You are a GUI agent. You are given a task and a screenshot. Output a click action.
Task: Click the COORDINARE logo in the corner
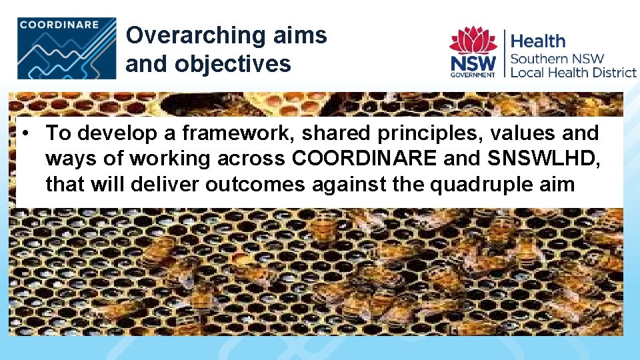(x=67, y=48)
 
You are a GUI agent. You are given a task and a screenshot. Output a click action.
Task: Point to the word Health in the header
(x=537, y=41)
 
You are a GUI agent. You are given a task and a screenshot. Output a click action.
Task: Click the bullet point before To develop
(x=23, y=133)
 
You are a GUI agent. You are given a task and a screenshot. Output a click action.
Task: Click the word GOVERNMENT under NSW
(x=473, y=75)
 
